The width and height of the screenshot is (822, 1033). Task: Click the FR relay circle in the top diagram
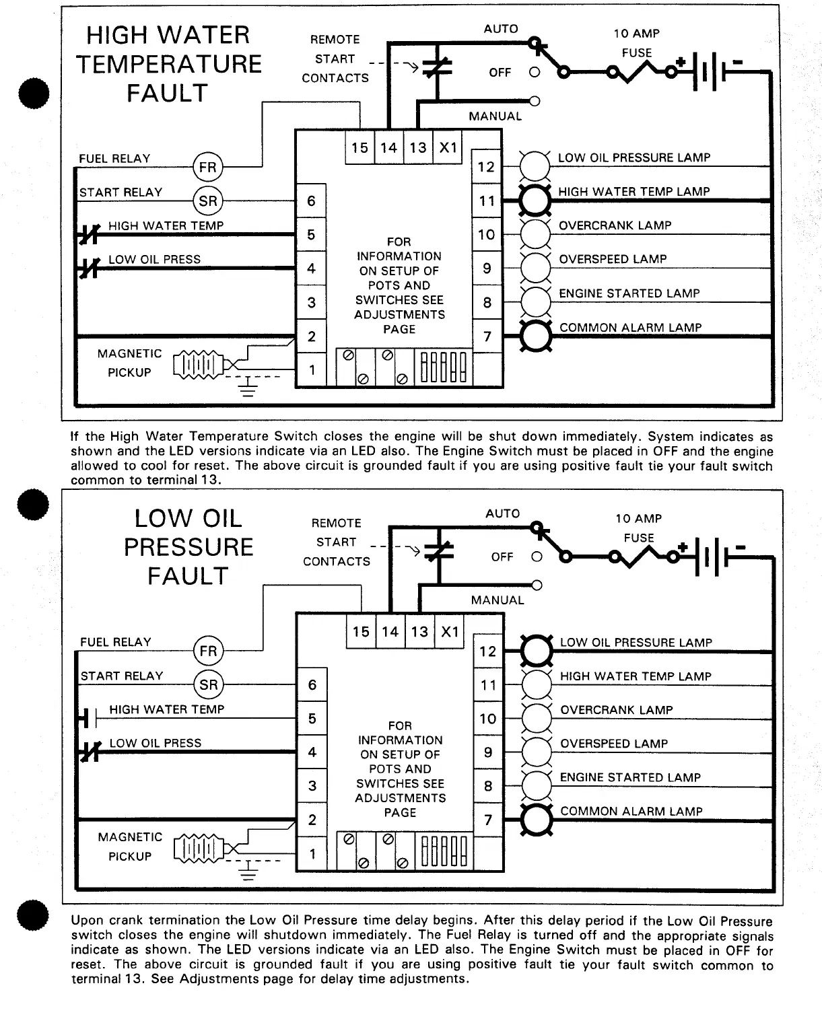[x=207, y=167]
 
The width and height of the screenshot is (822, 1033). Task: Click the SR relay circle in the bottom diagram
[x=208, y=685]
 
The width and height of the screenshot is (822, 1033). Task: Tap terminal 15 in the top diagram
[x=360, y=147]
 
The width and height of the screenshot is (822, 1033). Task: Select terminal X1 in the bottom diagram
[x=449, y=632]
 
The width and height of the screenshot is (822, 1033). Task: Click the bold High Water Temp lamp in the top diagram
[x=536, y=200]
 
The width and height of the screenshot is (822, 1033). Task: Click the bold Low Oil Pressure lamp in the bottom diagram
[x=537, y=651]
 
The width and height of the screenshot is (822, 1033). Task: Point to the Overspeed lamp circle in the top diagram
[x=536, y=268]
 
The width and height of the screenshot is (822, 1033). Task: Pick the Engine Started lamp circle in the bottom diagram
[x=537, y=785]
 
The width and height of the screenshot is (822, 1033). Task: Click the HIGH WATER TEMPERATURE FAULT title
[x=168, y=64]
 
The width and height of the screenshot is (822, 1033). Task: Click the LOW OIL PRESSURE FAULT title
[x=189, y=547]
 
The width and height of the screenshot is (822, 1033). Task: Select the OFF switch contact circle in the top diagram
[x=535, y=72]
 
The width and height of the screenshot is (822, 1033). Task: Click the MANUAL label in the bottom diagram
[x=497, y=600]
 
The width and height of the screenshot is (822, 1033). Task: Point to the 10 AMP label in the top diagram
[x=636, y=34]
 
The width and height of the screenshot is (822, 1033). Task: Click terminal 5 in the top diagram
[x=311, y=234]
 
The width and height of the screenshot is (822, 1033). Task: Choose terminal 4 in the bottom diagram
[x=312, y=752]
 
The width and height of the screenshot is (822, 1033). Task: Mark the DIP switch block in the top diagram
[x=444, y=367]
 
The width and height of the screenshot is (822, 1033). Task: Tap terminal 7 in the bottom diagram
[x=488, y=820]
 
